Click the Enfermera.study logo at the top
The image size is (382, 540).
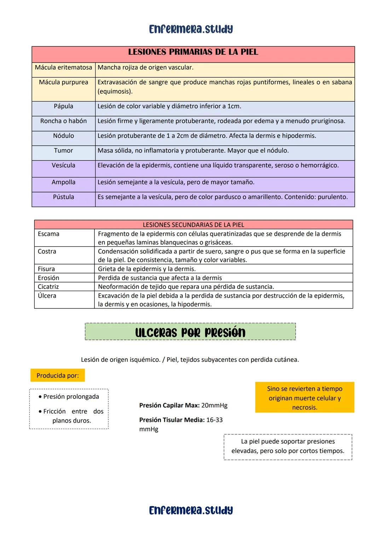coord(191,29)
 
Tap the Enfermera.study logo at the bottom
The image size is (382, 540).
coord(191,510)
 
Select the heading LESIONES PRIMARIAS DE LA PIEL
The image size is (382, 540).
coord(193,52)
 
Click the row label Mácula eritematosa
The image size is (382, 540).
coord(63,68)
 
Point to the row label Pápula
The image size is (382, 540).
coord(63,106)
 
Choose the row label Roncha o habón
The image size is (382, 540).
coord(63,121)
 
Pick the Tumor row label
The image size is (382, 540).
coord(63,151)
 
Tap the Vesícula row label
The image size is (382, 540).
coord(63,166)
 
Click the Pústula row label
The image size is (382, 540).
coord(63,197)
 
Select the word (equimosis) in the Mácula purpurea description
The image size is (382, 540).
coord(115,92)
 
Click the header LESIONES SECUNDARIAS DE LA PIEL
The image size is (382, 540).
coord(193,225)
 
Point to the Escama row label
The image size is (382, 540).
coord(48,234)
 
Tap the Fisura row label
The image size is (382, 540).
coord(46,269)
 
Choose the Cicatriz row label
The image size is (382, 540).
coord(48,287)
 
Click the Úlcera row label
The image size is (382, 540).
coord(47,296)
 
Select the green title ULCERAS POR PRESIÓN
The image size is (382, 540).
coord(190,332)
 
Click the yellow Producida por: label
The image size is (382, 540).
coord(58,376)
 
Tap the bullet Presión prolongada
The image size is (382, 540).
coord(71,397)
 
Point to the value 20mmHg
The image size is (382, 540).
coord(214,406)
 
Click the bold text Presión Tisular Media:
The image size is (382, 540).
coord(172,420)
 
